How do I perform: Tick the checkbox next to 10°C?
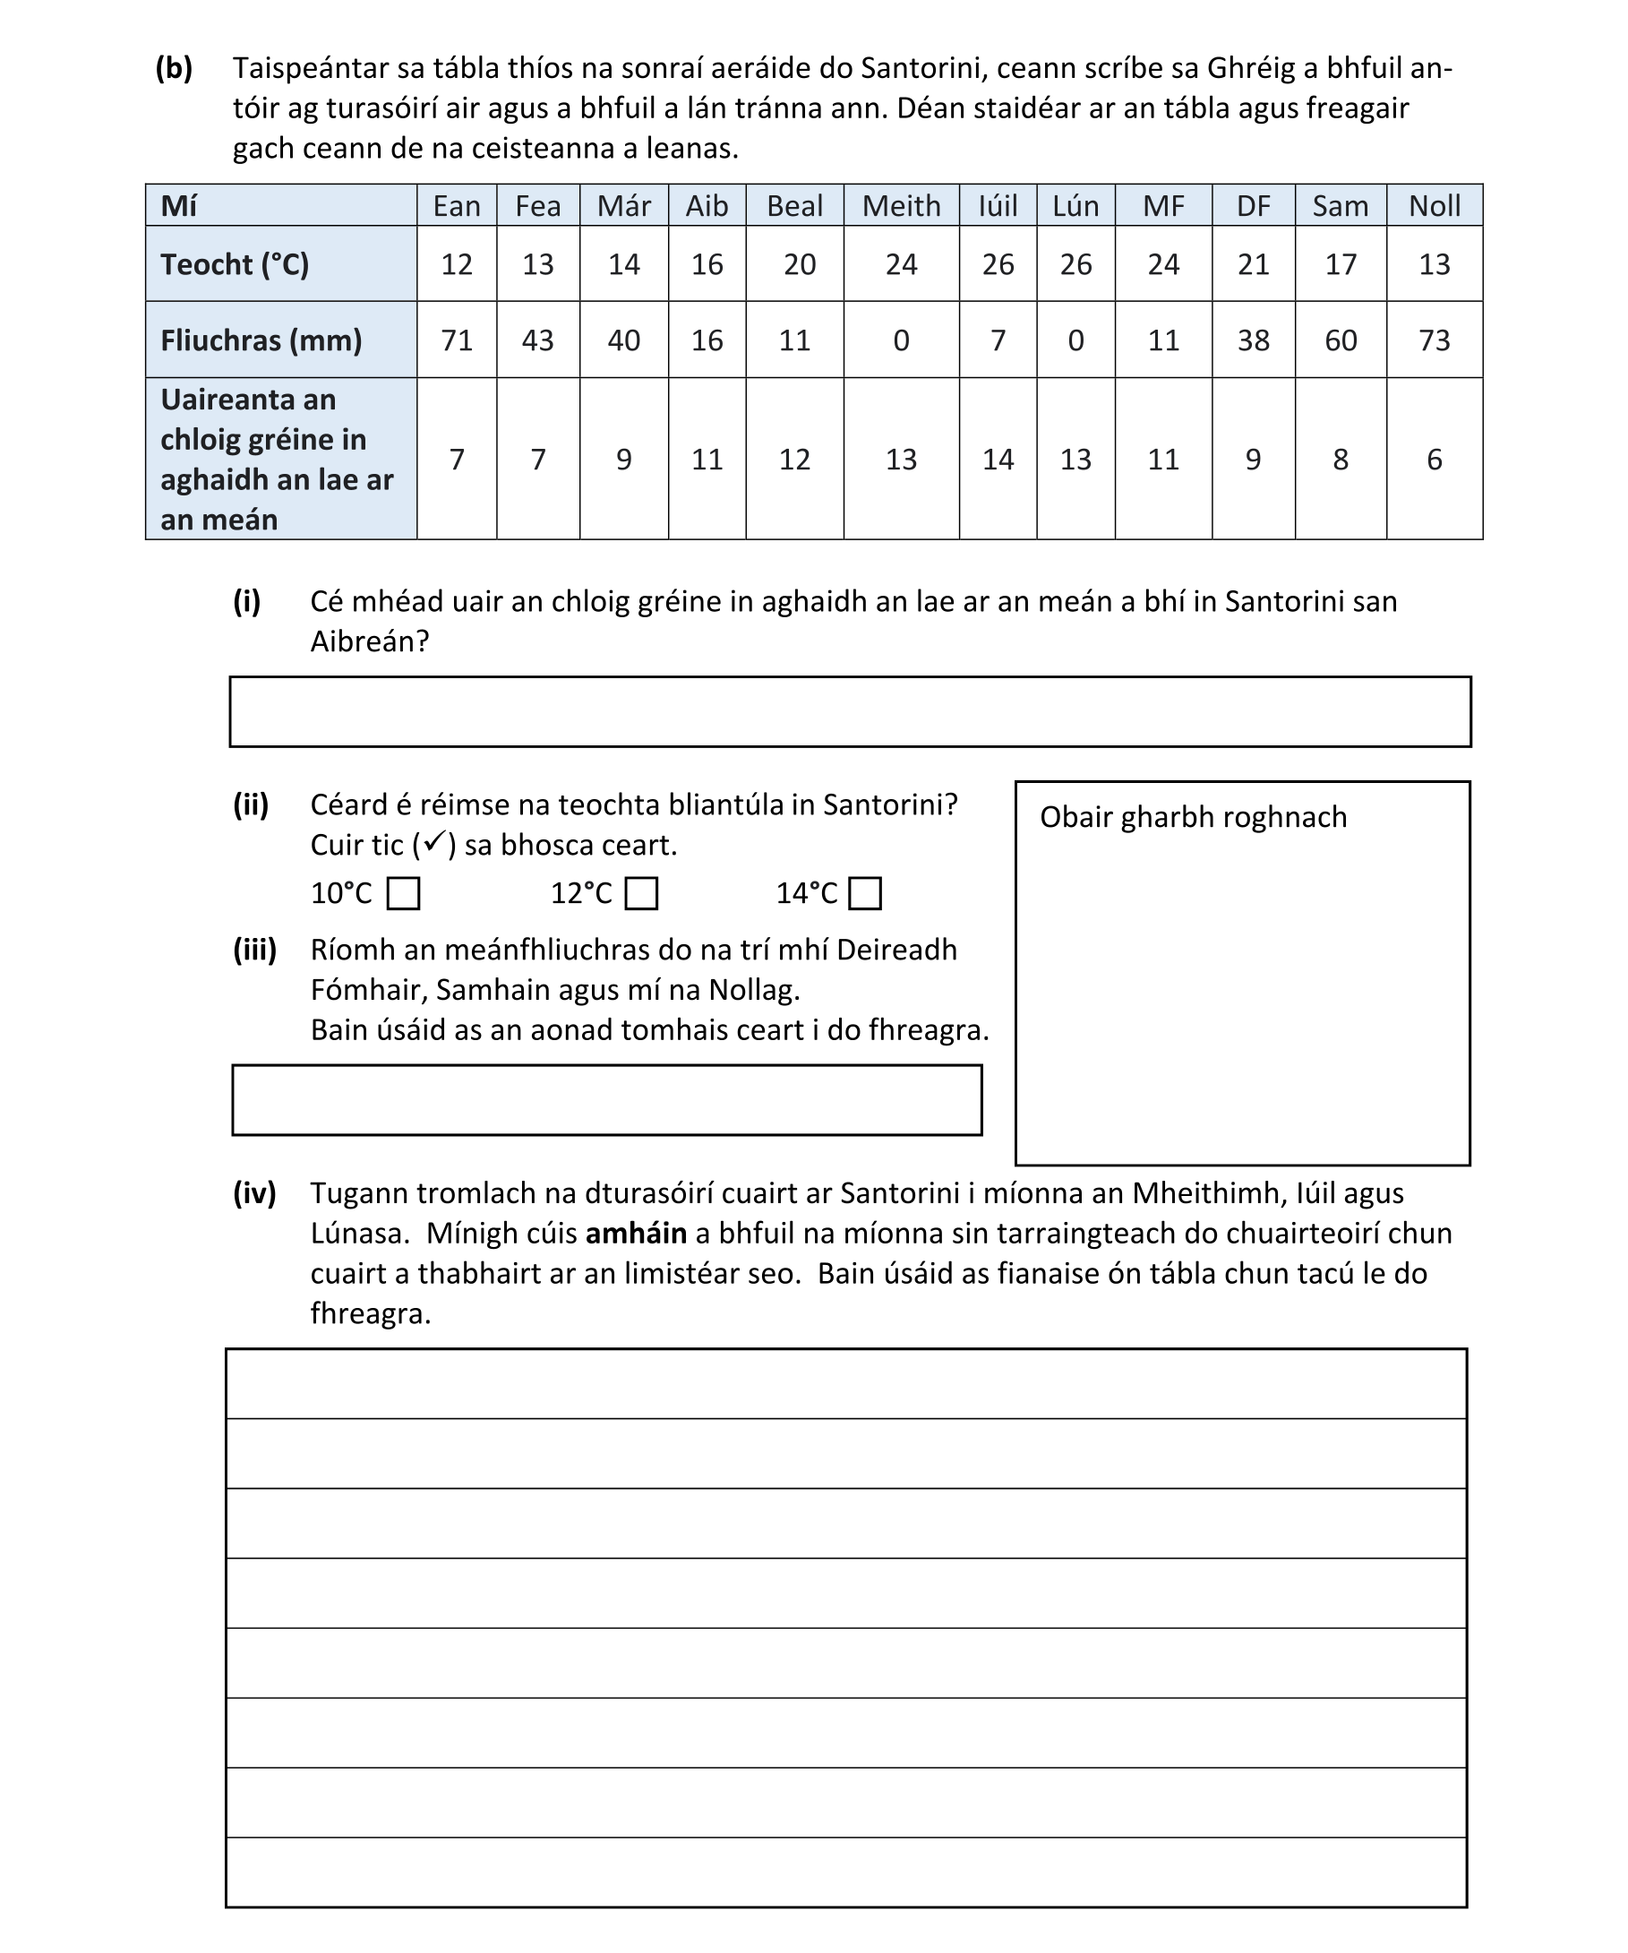point(403,894)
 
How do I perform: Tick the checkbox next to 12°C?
point(640,894)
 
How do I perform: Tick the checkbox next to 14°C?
point(865,894)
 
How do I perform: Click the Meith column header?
point(900,205)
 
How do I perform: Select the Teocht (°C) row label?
point(235,265)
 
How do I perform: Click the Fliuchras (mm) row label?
point(261,340)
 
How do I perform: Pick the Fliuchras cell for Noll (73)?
point(1433,340)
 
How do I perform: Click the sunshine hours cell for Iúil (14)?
point(997,460)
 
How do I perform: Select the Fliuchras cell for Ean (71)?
point(457,340)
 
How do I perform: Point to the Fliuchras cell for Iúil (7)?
point(997,340)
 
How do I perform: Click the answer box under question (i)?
point(849,711)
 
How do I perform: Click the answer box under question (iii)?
point(606,1100)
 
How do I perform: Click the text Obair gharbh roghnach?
point(1192,817)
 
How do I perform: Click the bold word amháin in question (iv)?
point(636,1234)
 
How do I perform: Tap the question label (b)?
point(174,68)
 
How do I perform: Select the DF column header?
point(1253,205)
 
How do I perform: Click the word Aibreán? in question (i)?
point(369,641)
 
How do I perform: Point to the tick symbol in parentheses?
point(434,843)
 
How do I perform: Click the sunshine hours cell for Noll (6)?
point(1433,460)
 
